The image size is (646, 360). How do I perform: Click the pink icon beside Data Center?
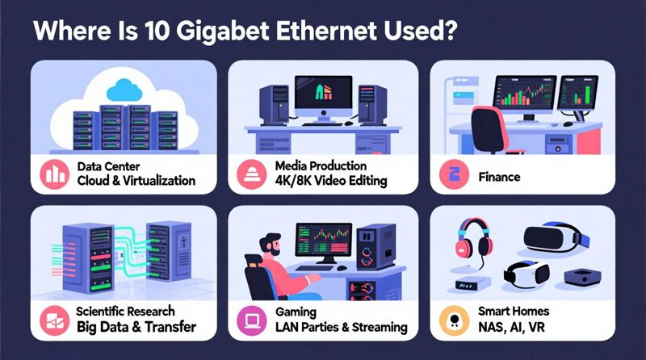click(x=55, y=174)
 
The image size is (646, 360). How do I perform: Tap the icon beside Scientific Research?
click(x=55, y=320)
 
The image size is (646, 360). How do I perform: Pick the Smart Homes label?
click(x=515, y=312)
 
